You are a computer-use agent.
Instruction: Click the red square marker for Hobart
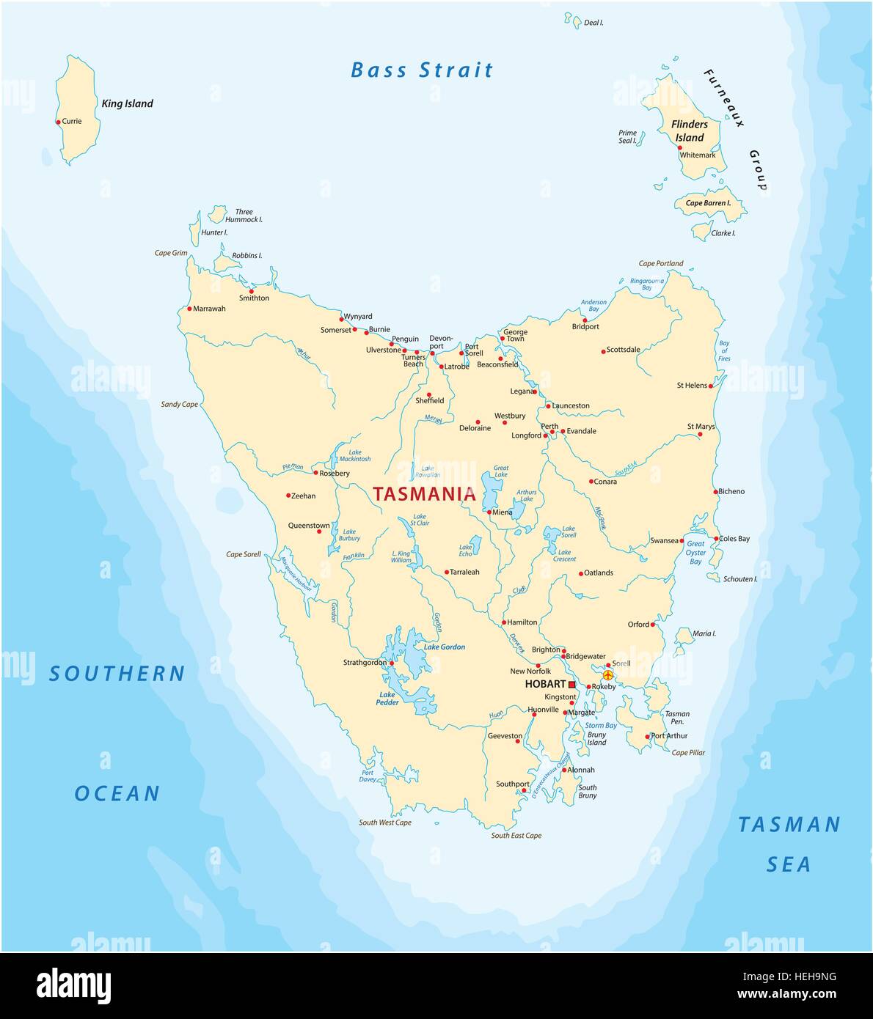pyautogui.click(x=572, y=684)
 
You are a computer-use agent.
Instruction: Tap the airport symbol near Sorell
pyautogui.click(x=607, y=674)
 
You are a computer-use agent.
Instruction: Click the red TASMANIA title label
pyautogui.click(x=425, y=494)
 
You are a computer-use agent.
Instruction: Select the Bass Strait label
pyautogui.click(x=422, y=70)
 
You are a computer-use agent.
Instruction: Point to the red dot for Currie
pyautogui.click(x=58, y=122)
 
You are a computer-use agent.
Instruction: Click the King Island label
pyautogui.click(x=127, y=103)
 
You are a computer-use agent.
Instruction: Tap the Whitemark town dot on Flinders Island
pyautogui.click(x=679, y=147)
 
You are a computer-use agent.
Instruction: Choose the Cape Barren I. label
pyautogui.click(x=708, y=203)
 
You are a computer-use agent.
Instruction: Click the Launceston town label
pyautogui.click(x=571, y=405)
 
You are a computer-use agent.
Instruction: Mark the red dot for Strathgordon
pyautogui.click(x=392, y=663)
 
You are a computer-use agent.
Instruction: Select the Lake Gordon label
pyautogui.click(x=445, y=647)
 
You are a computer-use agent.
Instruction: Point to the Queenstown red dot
pyautogui.click(x=318, y=531)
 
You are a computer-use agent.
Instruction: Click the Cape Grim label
pyautogui.click(x=171, y=253)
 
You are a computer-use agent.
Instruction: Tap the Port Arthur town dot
pyautogui.click(x=647, y=737)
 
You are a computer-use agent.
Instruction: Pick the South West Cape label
pyautogui.click(x=385, y=823)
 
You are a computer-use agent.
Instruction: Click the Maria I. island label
pyautogui.click(x=704, y=633)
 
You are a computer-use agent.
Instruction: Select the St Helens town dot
pyautogui.click(x=710, y=386)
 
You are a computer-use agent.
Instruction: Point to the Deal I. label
pyautogui.click(x=593, y=23)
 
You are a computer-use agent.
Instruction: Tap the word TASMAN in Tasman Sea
pyautogui.click(x=789, y=825)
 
